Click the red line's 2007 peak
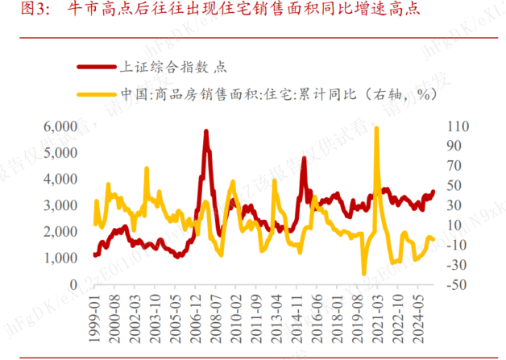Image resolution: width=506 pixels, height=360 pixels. (206, 131)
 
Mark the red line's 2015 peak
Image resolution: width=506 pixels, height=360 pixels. (304, 158)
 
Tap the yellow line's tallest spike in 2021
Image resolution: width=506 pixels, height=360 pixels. (376, 128)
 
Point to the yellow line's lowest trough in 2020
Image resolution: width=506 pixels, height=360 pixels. (364, 274)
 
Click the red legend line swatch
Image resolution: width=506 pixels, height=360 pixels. (96, 68)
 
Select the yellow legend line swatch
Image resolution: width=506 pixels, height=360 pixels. (96, 93)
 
